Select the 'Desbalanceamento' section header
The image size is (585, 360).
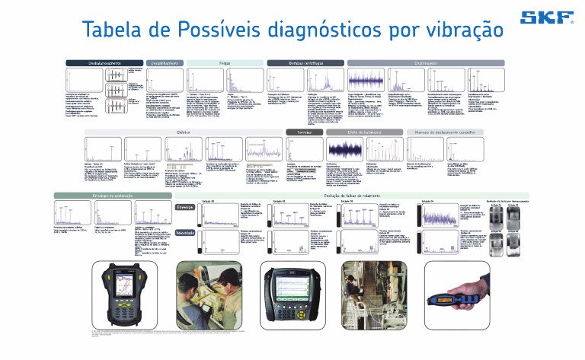tap(94, 62)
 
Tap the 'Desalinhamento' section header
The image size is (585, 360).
tap(164, 62)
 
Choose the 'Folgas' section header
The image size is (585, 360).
tap(225, 62)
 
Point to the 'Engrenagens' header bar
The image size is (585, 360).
tap(426, 62)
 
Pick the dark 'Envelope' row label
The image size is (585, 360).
tap(185, 206)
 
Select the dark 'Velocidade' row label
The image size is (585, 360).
tap(185, 234)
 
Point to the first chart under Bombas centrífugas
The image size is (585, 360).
tap(286, 79)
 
